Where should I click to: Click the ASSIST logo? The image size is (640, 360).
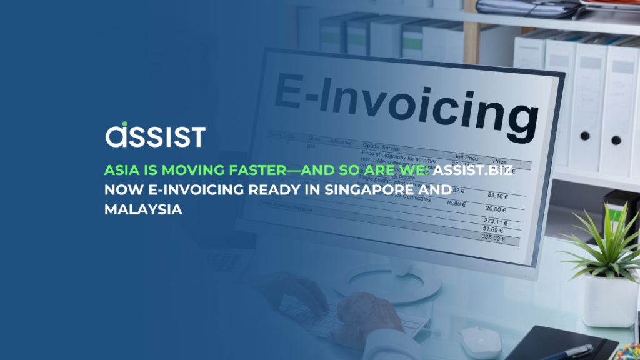pyautogui.click(x=155, y=135)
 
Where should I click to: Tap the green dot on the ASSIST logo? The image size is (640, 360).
pyautogui.click(x=125, y=124)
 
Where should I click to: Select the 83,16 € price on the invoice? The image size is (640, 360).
pyautogui.click(x=498, y=195)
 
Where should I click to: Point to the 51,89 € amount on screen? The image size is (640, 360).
pyautogui.click(x=494, y=230)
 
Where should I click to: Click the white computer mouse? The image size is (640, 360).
pyautogui.click(x=480, y=341)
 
